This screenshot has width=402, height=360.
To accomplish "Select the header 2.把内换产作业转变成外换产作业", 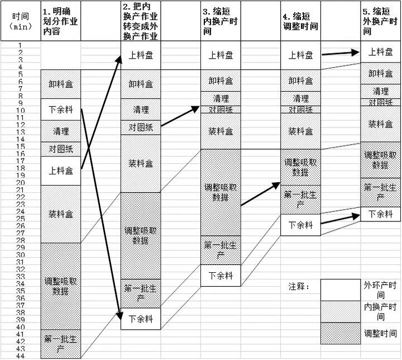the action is coord(140,21).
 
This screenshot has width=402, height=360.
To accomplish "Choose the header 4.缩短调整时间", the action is coord(300,21).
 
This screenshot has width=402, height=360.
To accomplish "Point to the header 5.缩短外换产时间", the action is coord(380,21).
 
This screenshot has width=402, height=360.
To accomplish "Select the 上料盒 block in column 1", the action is coord(61,170).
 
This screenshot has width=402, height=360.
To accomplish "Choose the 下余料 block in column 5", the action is coord(380,214).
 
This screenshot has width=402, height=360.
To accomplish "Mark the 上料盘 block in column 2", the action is coord(141,56).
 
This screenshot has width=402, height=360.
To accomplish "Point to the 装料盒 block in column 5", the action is coord(380,124).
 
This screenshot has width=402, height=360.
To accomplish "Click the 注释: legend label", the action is coord(299,287).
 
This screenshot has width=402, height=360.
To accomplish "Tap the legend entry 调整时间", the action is coord(380,333).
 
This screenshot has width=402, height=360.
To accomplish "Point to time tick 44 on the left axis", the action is coord(20,354).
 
